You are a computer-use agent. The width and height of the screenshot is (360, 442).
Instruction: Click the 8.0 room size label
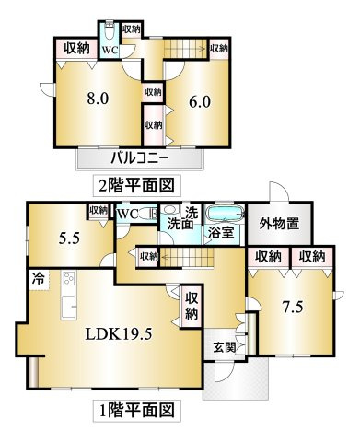click(x=98, y=99)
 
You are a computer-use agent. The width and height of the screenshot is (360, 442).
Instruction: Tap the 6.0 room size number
click(x=200, y=102)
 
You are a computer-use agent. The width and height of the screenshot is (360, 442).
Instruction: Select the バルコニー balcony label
click(x=140, y=158)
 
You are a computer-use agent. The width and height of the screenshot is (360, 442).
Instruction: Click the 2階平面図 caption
click(x=136, y=185)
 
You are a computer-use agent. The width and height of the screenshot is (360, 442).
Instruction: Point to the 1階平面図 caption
click(x=136, y=410)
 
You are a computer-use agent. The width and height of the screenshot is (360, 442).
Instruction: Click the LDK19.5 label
click(x=119, y=334)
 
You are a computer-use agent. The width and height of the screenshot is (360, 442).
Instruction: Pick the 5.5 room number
click(x=69, y=238)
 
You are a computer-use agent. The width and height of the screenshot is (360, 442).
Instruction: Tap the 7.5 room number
click(x=293, y=307)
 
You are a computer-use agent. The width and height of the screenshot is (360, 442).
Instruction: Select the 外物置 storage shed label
click(x=279, y=224)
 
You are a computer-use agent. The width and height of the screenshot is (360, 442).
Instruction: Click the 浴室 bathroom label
click(x=222, y=233)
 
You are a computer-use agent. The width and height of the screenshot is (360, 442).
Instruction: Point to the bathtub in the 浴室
click(x=225, y=214)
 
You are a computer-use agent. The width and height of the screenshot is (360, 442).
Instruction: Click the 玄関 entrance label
click(x=225, y=347)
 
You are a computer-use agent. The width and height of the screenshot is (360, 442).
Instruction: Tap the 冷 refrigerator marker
click(x=39, y=279)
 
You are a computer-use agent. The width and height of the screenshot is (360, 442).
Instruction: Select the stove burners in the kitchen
click(x=68, y=280)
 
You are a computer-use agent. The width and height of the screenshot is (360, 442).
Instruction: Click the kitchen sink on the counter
click(x=68, y=307)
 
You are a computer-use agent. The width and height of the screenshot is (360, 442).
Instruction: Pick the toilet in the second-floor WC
click(x=110, y=31)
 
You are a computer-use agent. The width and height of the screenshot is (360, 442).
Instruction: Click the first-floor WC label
click(x=127, y=214)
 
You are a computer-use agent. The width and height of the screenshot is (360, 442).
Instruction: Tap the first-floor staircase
click(x=187, y=257)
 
